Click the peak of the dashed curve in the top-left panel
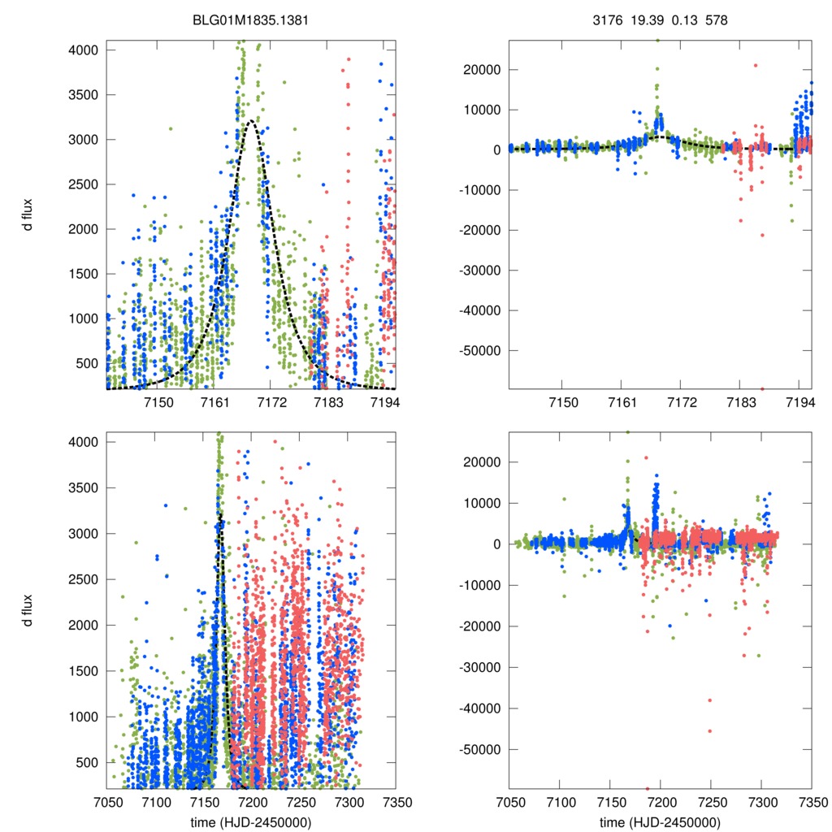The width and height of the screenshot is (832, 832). coord(251,120)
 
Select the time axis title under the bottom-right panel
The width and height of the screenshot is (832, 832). coord(661,822)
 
